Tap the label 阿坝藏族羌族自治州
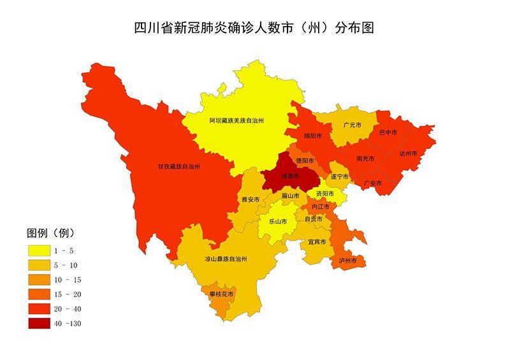click(237, 120)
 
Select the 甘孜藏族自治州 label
click(179, 166)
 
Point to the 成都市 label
click(290, 176)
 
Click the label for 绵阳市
click(312, 136)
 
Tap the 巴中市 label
click(388, 133)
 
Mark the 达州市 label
click(407, 154)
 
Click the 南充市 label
click(365, 158)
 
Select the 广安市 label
click(372, 183)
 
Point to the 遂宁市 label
click(339, 176)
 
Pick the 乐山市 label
click(278, 222)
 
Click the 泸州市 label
click(348, 261)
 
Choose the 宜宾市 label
click(317, 242)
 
